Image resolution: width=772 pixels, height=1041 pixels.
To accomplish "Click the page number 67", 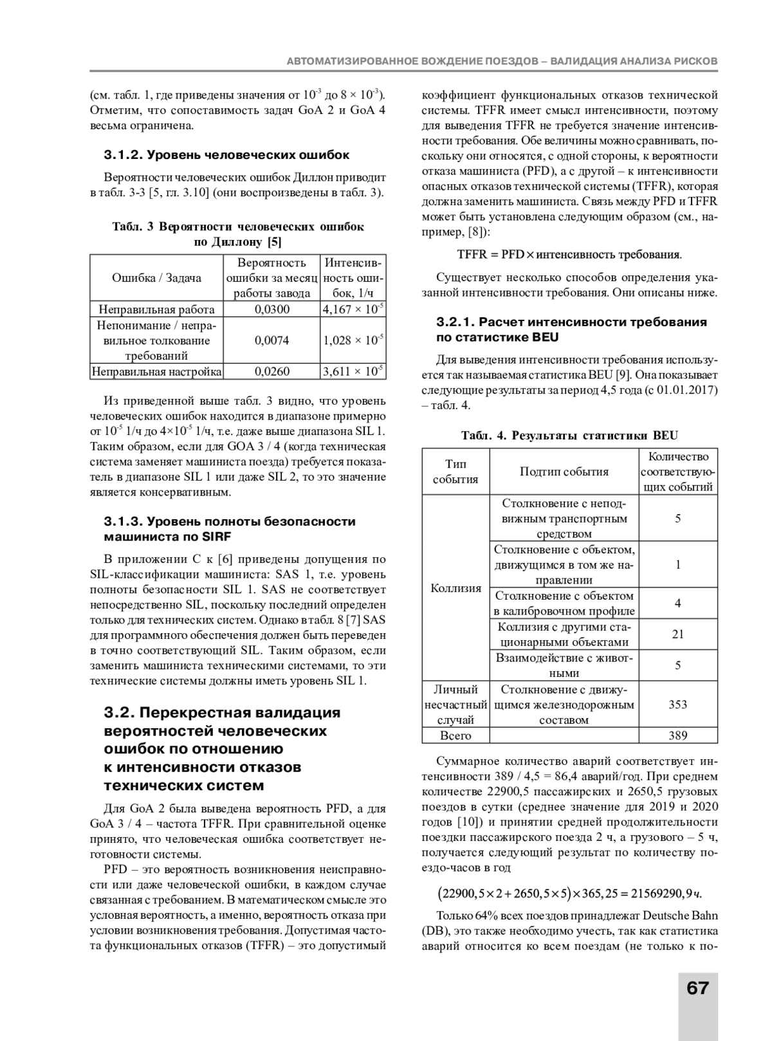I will coord(697,988).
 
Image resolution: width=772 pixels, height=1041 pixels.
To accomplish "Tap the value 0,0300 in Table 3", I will coord(272,309).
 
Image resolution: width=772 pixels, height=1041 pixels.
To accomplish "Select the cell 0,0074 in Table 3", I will coord(272,340).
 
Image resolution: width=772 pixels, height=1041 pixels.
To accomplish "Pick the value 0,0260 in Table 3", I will coord(272,371).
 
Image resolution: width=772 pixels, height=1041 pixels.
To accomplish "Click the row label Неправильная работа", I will coord(156,309).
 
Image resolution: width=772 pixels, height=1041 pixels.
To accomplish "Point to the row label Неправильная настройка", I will coord(156,371).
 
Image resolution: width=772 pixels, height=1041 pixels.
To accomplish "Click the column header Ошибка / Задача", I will coord(156,278).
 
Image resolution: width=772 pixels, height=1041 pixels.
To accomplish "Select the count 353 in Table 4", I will coord(677,705).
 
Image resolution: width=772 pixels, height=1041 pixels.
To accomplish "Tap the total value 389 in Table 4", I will coord(677,735).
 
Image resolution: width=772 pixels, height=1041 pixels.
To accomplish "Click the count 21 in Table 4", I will coord(677,634).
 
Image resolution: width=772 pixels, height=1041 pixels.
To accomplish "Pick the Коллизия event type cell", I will coord(455,588).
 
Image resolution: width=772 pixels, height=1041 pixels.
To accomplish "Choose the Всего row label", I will coord(455,735).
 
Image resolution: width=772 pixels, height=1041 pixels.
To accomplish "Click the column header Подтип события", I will coord(564,472).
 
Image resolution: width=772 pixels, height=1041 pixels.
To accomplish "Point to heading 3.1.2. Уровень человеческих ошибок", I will coord(226,155).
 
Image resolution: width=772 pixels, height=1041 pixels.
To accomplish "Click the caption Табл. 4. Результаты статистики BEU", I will coord(569,436).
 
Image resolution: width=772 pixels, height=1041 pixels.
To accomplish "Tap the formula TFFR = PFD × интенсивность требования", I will coord(569,255).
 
